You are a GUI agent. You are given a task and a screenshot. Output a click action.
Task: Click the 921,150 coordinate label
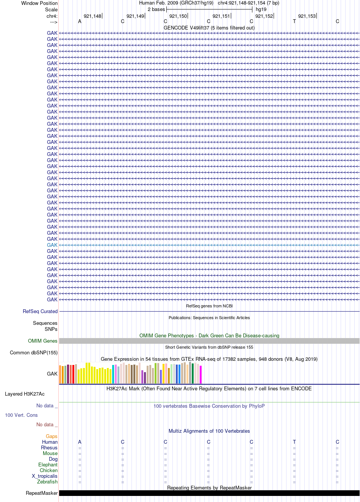click(178, 16)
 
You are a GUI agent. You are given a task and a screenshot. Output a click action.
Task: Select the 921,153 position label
click(307, 16)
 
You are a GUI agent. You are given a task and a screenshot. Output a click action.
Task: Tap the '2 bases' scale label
click(156, 9)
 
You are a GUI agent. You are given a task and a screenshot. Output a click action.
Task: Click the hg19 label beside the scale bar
click(261, 9)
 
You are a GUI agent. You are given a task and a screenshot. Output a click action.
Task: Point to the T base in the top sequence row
click(294, 21)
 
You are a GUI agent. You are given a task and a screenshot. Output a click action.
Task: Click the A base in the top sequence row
click(80, 21)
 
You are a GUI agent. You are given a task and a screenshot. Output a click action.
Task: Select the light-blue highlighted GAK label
click(52, 245)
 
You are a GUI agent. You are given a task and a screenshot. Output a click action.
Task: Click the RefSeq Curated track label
click(40, 311)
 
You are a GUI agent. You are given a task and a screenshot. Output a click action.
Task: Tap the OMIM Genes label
click(42, 341)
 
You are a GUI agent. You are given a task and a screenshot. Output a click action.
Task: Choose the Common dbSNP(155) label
click(34, 353)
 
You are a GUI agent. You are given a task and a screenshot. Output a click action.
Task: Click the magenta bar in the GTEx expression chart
click(201, 374)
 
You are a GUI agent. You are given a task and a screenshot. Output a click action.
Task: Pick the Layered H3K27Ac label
click(25, 394)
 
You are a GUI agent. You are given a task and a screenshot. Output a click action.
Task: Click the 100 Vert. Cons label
click(21, 415)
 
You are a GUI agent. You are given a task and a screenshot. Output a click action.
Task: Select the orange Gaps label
click(52, 436)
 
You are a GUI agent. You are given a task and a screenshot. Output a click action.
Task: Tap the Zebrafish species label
click(47, 482)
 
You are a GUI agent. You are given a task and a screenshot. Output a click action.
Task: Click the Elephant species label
click(48, 465)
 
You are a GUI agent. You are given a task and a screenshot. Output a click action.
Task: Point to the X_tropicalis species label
click(44, 476)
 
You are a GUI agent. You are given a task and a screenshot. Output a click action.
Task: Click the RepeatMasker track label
click(42, 493)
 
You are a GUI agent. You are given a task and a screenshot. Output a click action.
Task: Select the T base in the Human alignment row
click(294, 442)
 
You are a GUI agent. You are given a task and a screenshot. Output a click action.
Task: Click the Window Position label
click(39, 3)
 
